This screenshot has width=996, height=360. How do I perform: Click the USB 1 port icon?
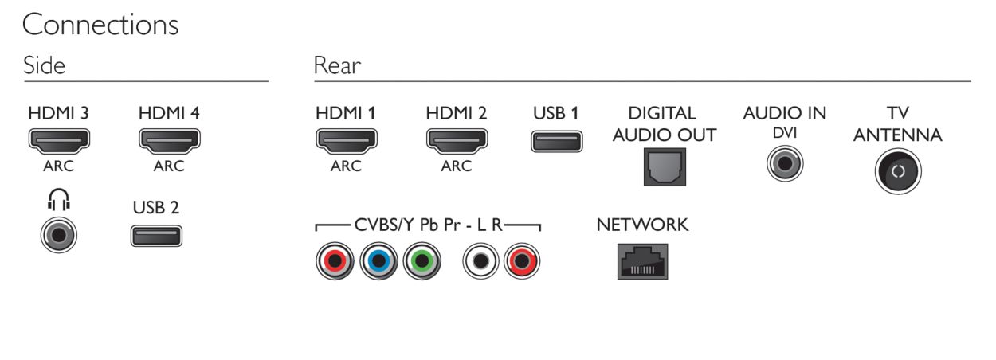point(557,141)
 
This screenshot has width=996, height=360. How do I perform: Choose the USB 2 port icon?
point(156,236)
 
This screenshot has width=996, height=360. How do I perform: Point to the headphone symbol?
point(59,199)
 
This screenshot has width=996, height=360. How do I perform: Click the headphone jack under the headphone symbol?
point(59,235)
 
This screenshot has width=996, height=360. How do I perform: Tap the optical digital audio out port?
point(665,167)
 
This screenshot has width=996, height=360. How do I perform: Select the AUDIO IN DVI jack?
point(785,163)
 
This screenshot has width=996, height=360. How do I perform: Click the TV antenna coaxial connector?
point(898,171)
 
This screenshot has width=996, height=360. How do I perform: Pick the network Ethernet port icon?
point(642,261)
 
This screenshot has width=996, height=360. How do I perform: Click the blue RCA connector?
point(378,261)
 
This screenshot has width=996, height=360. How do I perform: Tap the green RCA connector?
point(422,261)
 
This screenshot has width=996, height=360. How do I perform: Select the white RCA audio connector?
point(480,261)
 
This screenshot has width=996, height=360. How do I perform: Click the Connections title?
point(100,25)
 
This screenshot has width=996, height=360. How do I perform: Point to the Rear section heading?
point(337,65)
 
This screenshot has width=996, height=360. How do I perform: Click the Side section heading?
point(44,65)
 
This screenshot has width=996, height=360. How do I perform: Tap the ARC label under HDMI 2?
point(457,166)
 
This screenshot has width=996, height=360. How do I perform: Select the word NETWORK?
point(642,225)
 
